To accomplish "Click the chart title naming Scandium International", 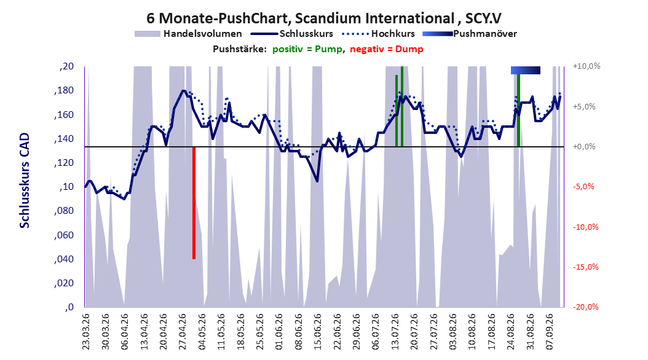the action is pos(324,18).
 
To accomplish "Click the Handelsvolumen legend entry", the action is pos(189,34).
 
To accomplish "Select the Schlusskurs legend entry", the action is pos(292,34).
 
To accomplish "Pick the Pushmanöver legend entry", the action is pos(470,34).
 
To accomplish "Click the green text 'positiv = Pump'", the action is pos(307,49).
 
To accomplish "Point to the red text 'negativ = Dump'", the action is pos(387,49).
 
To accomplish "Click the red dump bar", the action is pos(194,203).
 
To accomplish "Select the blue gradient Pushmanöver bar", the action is pos(526,70).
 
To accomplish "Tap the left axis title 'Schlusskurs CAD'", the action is pos(25,181).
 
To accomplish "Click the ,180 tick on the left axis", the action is pos(64,90).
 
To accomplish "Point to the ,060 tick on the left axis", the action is pos(64,235).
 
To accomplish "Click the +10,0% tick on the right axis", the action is pos(587,66).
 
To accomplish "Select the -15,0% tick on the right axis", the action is pos(585,267).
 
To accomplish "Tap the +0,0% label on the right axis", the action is pos(584,147).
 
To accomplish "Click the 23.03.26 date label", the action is pos(86,332).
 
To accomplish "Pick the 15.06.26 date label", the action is pos(317,332).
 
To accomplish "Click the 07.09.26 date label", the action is pos(550,332).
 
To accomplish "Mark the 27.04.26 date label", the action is pos(183,332).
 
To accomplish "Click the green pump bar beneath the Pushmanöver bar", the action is pos(519,110).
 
